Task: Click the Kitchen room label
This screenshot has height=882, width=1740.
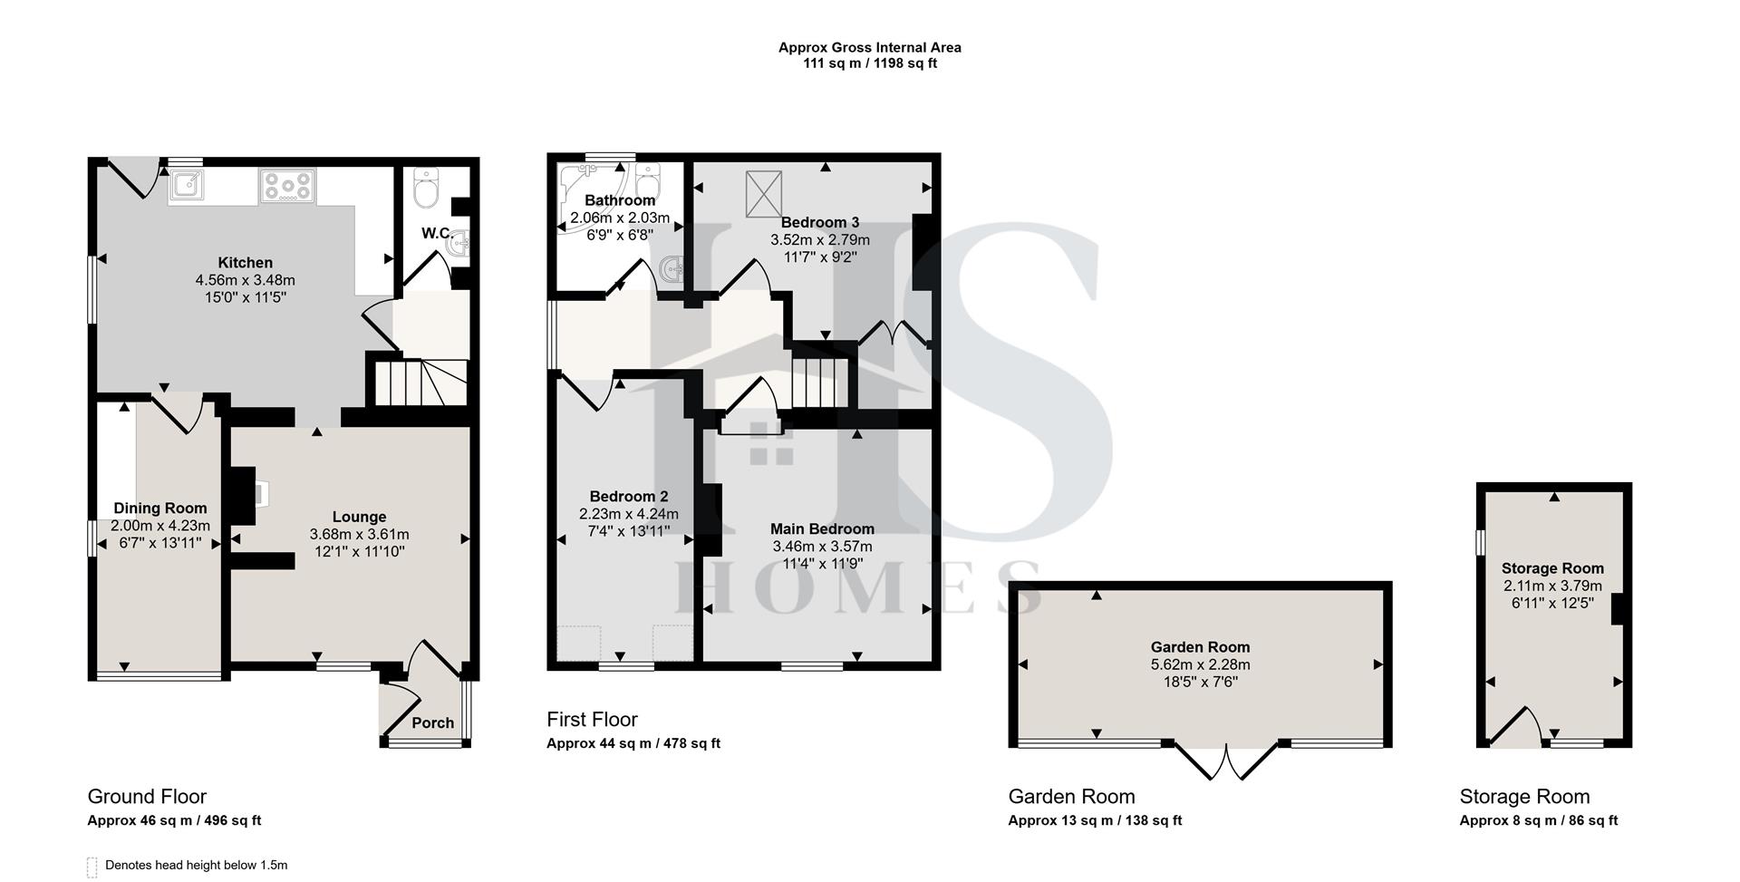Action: [x=245, y=263]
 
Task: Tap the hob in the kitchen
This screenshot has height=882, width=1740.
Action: [x=287, y=186]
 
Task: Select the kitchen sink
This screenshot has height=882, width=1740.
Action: [x=187, y=184]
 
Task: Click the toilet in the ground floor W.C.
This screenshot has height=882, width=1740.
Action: [x=425, y=189]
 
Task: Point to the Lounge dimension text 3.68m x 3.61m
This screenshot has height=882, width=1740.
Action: [x=359, y=534]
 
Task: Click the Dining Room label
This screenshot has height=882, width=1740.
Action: [x=159, y=509]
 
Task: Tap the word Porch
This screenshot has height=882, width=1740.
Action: [x=432, y=722]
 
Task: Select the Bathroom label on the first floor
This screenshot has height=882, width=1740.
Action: [x=619, y=200]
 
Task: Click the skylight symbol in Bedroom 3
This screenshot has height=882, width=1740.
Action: [x=763, y=194]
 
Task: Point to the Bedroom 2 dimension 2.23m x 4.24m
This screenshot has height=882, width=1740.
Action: [x=628, y=514]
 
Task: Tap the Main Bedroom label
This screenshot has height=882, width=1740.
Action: [x=822, y=528]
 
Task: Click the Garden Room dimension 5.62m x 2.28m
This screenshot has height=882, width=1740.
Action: [x=1200, y=664]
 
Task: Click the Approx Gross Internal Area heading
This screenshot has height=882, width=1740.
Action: [x=869, y=47]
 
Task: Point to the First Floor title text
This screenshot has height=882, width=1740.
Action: [x=592, y=720]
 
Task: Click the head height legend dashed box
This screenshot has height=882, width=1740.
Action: [x=92, y=867]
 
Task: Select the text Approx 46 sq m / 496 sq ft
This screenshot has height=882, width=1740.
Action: [x=174, y=820]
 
